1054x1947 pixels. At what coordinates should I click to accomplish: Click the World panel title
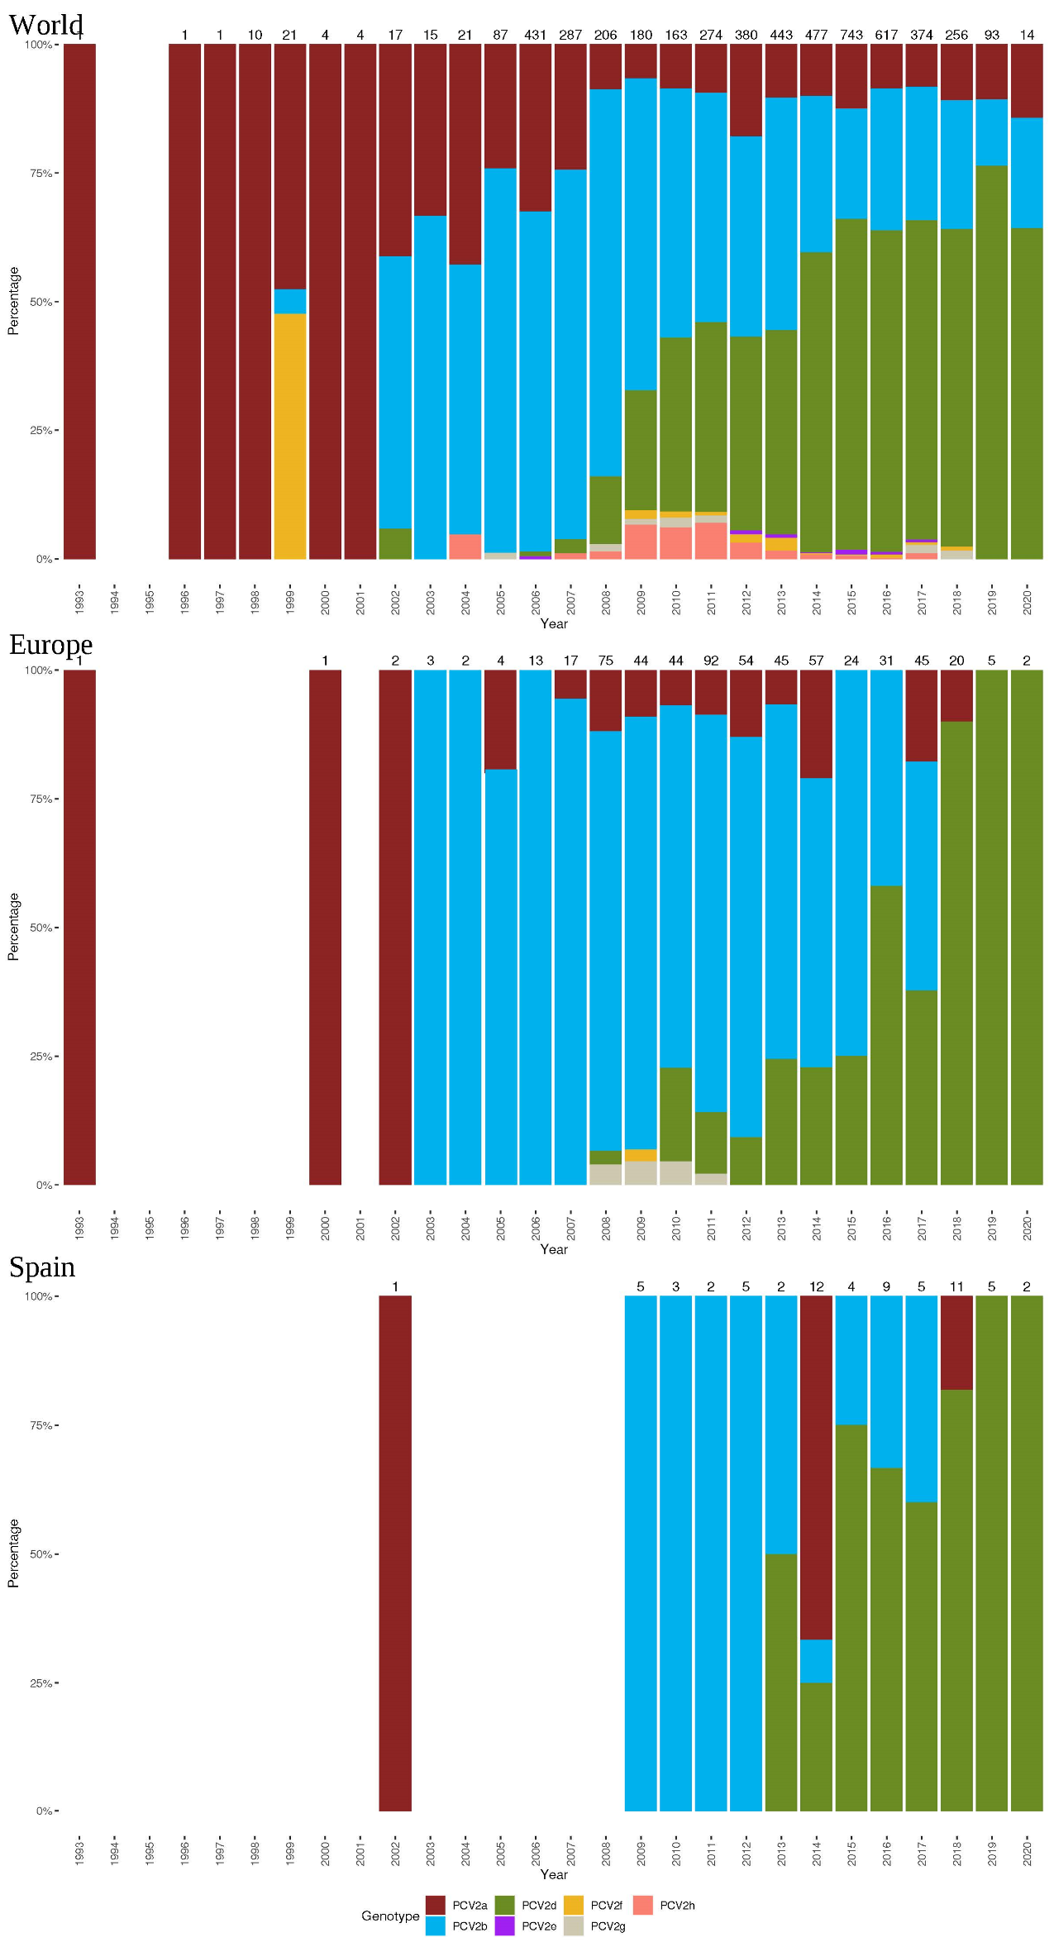click(x=46, y=25)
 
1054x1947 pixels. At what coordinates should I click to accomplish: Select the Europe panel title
click(x=50, y=645)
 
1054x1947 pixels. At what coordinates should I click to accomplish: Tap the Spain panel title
click(x=42, y=1267)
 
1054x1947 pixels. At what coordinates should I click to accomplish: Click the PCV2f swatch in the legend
click(x=574, y=1905)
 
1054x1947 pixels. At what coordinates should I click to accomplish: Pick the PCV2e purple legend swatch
click(x=504, y=1926)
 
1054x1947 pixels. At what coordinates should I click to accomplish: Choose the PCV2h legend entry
click(x=643, y=1905)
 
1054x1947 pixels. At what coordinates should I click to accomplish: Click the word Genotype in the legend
click(x=390, y=1916)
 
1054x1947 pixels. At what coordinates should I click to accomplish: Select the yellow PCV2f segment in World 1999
click(x=290, y=436)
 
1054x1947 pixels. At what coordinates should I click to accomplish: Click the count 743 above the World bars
click(x=851, y=35)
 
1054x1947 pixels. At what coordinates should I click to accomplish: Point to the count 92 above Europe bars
click(x=711, y=661)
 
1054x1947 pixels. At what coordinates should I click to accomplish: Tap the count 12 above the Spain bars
click(x=816, y=1286)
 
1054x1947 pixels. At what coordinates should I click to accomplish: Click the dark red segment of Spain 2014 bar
click(x=816, y=1467)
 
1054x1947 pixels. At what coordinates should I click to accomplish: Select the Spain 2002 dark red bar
click(x=395, y=1554)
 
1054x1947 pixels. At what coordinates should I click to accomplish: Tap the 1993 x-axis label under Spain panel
click(x=79, y=1852)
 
